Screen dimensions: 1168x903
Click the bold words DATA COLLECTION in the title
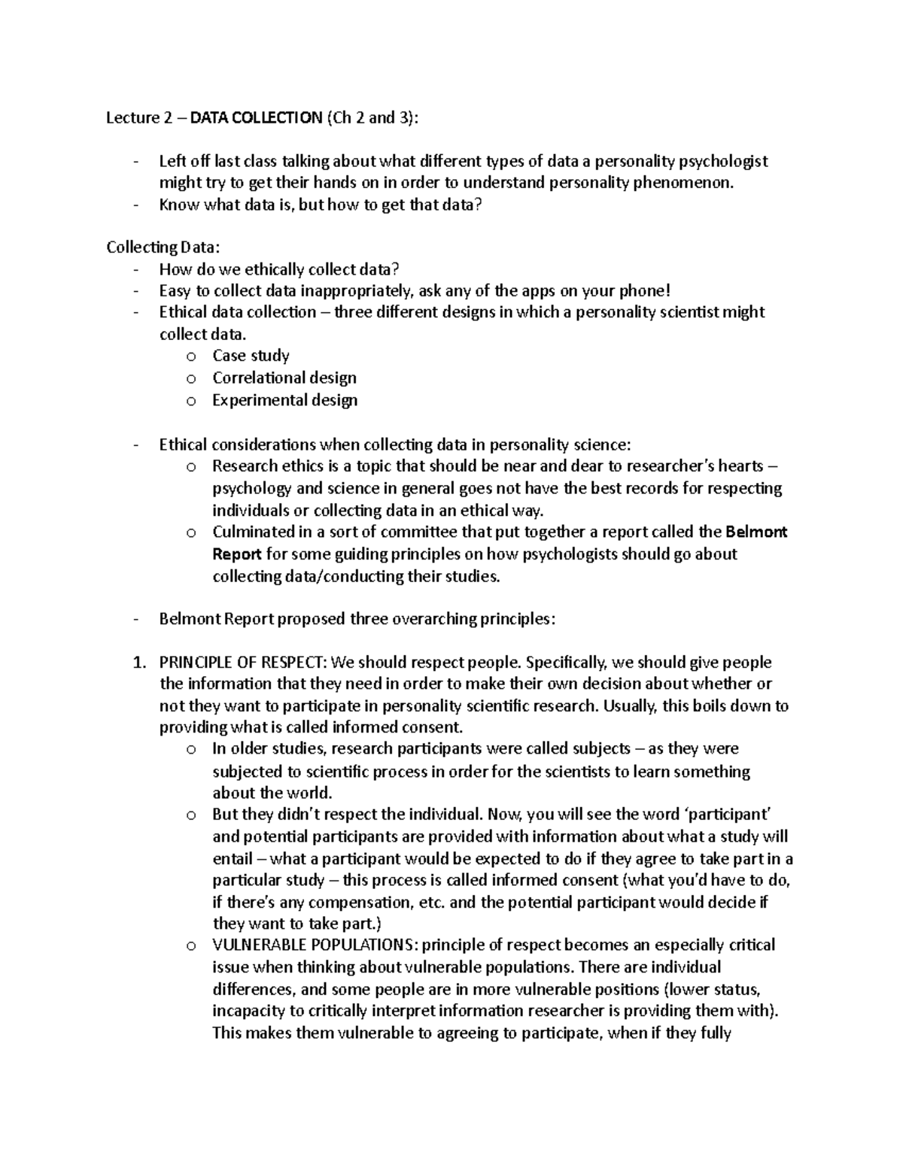click(256, 117)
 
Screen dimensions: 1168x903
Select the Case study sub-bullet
click(251, 356)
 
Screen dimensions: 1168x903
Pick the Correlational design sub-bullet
click(284, 378)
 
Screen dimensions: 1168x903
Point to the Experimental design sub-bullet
click(284, 400)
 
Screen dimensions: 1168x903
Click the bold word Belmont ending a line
click(756, 532)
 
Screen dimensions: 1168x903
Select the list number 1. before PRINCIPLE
click(138, 663)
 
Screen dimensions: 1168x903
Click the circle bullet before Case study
click(191, 356)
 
